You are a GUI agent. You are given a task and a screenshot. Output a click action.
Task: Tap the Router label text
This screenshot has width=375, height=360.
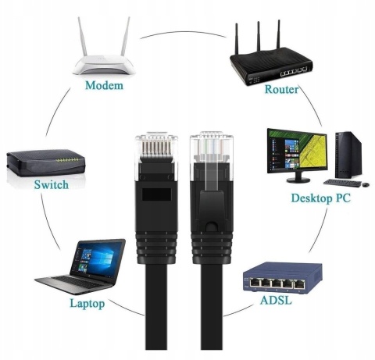pyautogui.click(x=282, y=89)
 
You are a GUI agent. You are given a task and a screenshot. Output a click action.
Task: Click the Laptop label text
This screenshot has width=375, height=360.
pyautogui.click(x=87, y=302)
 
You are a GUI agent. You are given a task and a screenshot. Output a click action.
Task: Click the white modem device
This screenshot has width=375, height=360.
pyautogui.click(x=103, y=63)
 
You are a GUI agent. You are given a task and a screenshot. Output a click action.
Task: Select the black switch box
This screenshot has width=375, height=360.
pyautogui.click(x=45, y=163)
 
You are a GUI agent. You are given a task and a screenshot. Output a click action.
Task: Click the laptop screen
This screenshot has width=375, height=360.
pyautogui.click(x=96, y=257)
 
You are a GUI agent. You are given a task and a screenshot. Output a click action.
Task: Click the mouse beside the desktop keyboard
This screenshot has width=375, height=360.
pyautogui.click(x=364, y=184)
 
